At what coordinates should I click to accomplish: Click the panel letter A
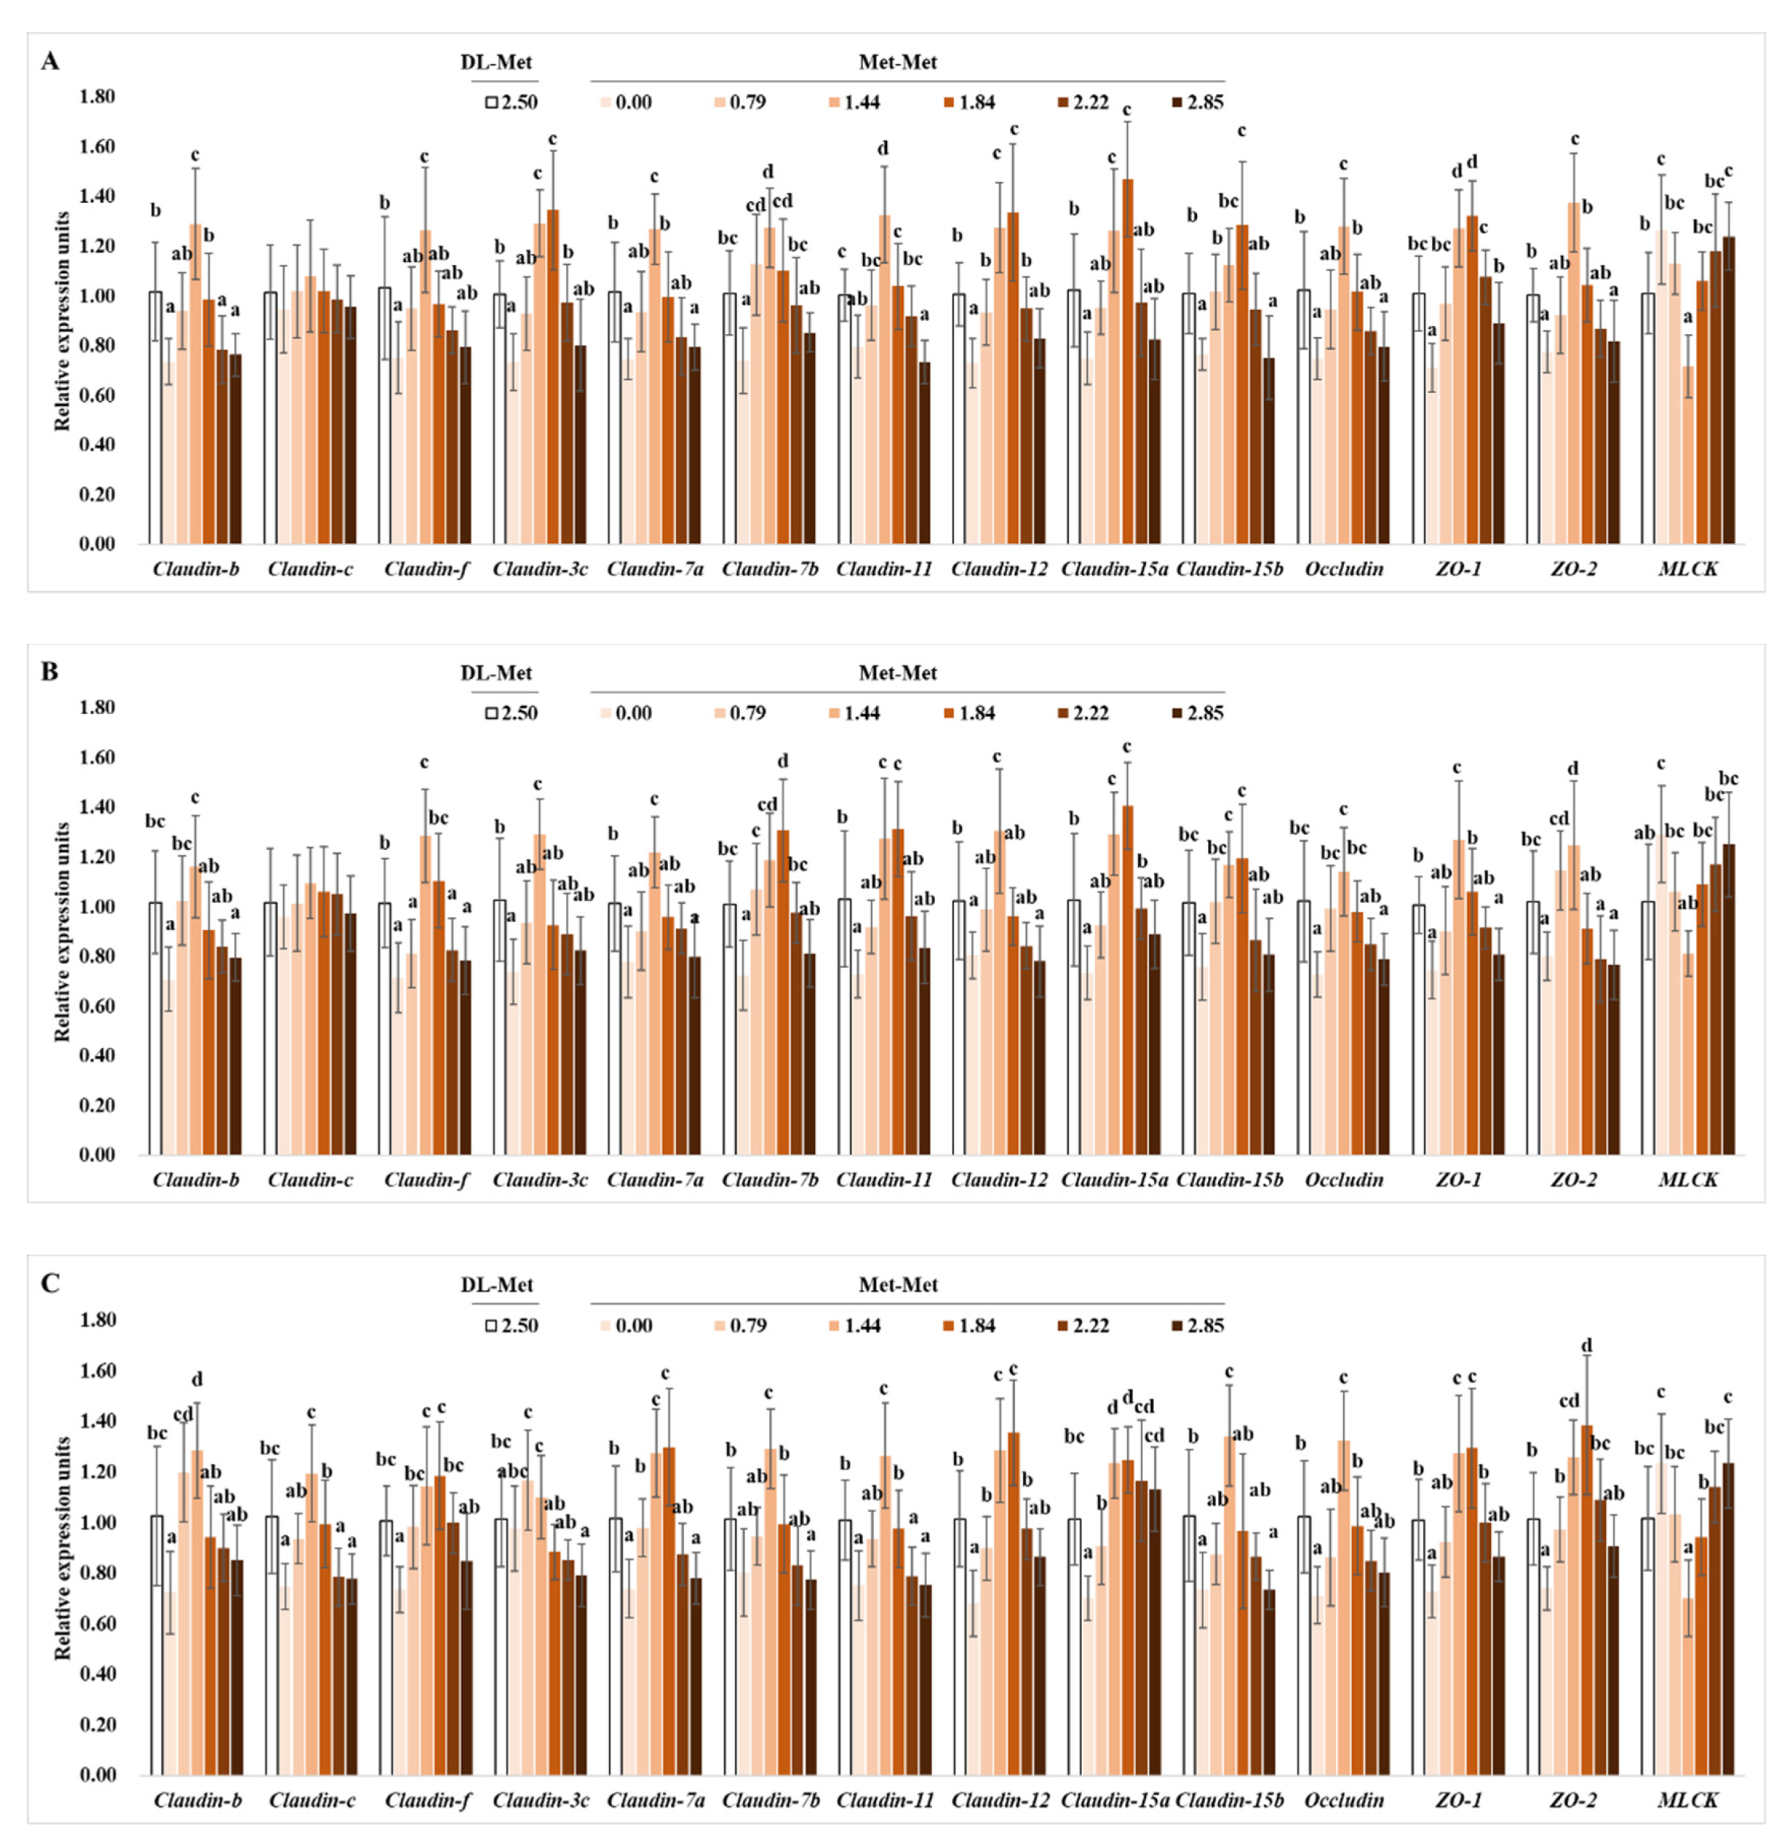[50, 62]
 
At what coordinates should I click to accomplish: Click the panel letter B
[50, 672]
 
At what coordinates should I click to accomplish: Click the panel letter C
[50, 1283]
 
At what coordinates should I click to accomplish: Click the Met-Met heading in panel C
[898, 1285]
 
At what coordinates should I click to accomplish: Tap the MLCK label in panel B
[1687, 1180]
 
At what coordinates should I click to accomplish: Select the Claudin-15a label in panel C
[1115, 1801]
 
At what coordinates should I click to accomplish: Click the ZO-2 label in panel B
[1573, 1180]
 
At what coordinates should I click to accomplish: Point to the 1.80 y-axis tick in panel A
[97, 97]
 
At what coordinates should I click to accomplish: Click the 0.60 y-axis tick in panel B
[97, 1007]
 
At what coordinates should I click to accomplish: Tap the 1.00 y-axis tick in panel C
[97, 1523]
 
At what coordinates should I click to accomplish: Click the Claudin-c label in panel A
[310, 569]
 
